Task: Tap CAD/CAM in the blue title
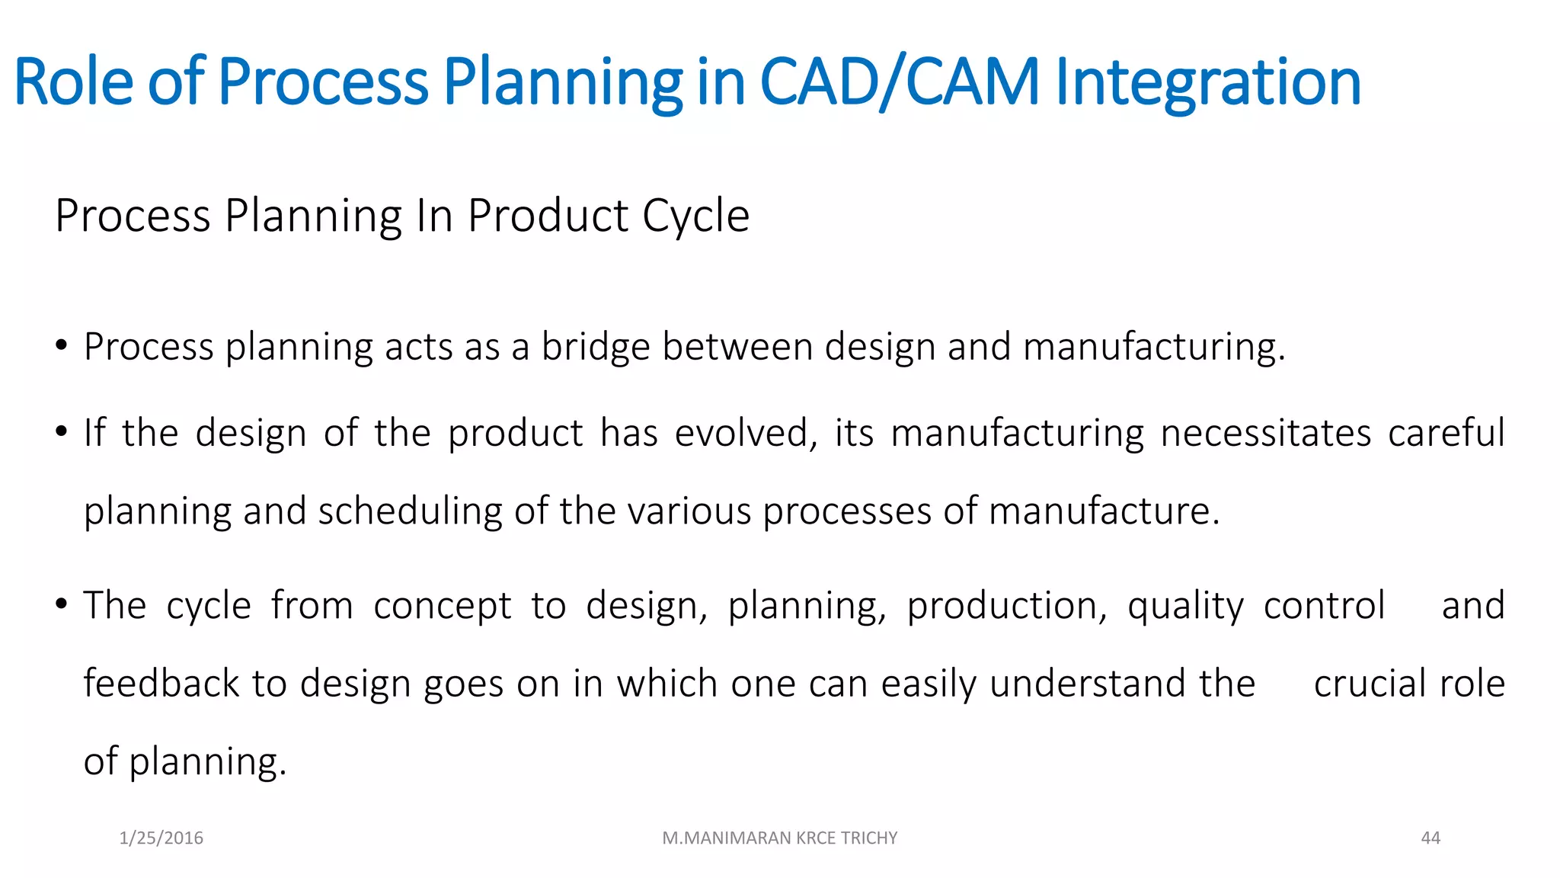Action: (899, 82)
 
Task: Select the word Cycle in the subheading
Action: (695, 216)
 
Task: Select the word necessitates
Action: (1265, 434)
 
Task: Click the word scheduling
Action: (410, 511)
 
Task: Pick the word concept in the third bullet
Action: (442, 607)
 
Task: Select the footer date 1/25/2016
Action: (161, 838)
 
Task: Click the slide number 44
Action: (1431, 838)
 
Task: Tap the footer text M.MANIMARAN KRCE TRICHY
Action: (779, 838)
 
